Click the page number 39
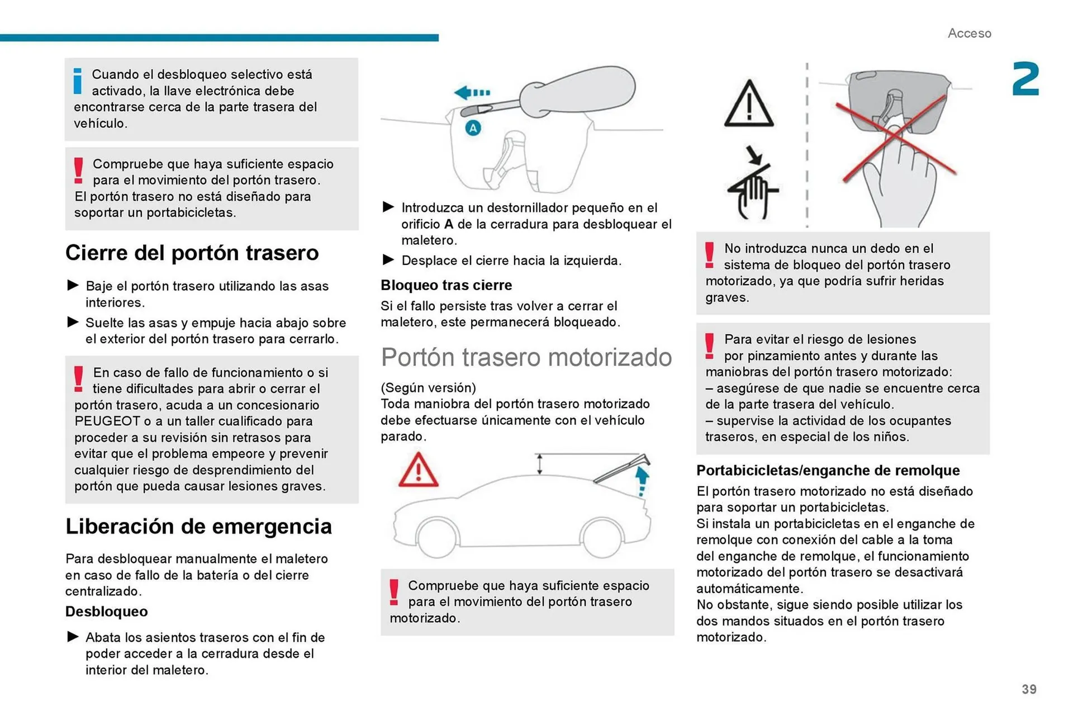coord(1029,689)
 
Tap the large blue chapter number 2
coord(1025,80)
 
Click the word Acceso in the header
coord(969,34)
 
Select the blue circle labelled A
coord(473,128)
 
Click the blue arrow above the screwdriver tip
coord(471,92)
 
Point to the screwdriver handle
coord(578,91)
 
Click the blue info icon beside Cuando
coord(78,81)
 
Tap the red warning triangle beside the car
coord(418,471)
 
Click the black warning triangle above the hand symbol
coord(749,105)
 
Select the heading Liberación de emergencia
coord(198,527)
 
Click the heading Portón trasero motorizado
coord(526,357)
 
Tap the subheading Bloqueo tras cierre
coord(446,286)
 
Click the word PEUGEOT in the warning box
coord(107,421)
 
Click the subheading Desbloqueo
coord(106,611)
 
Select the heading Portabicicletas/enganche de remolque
coord(828,471)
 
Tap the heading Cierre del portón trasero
coord(192,253)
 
